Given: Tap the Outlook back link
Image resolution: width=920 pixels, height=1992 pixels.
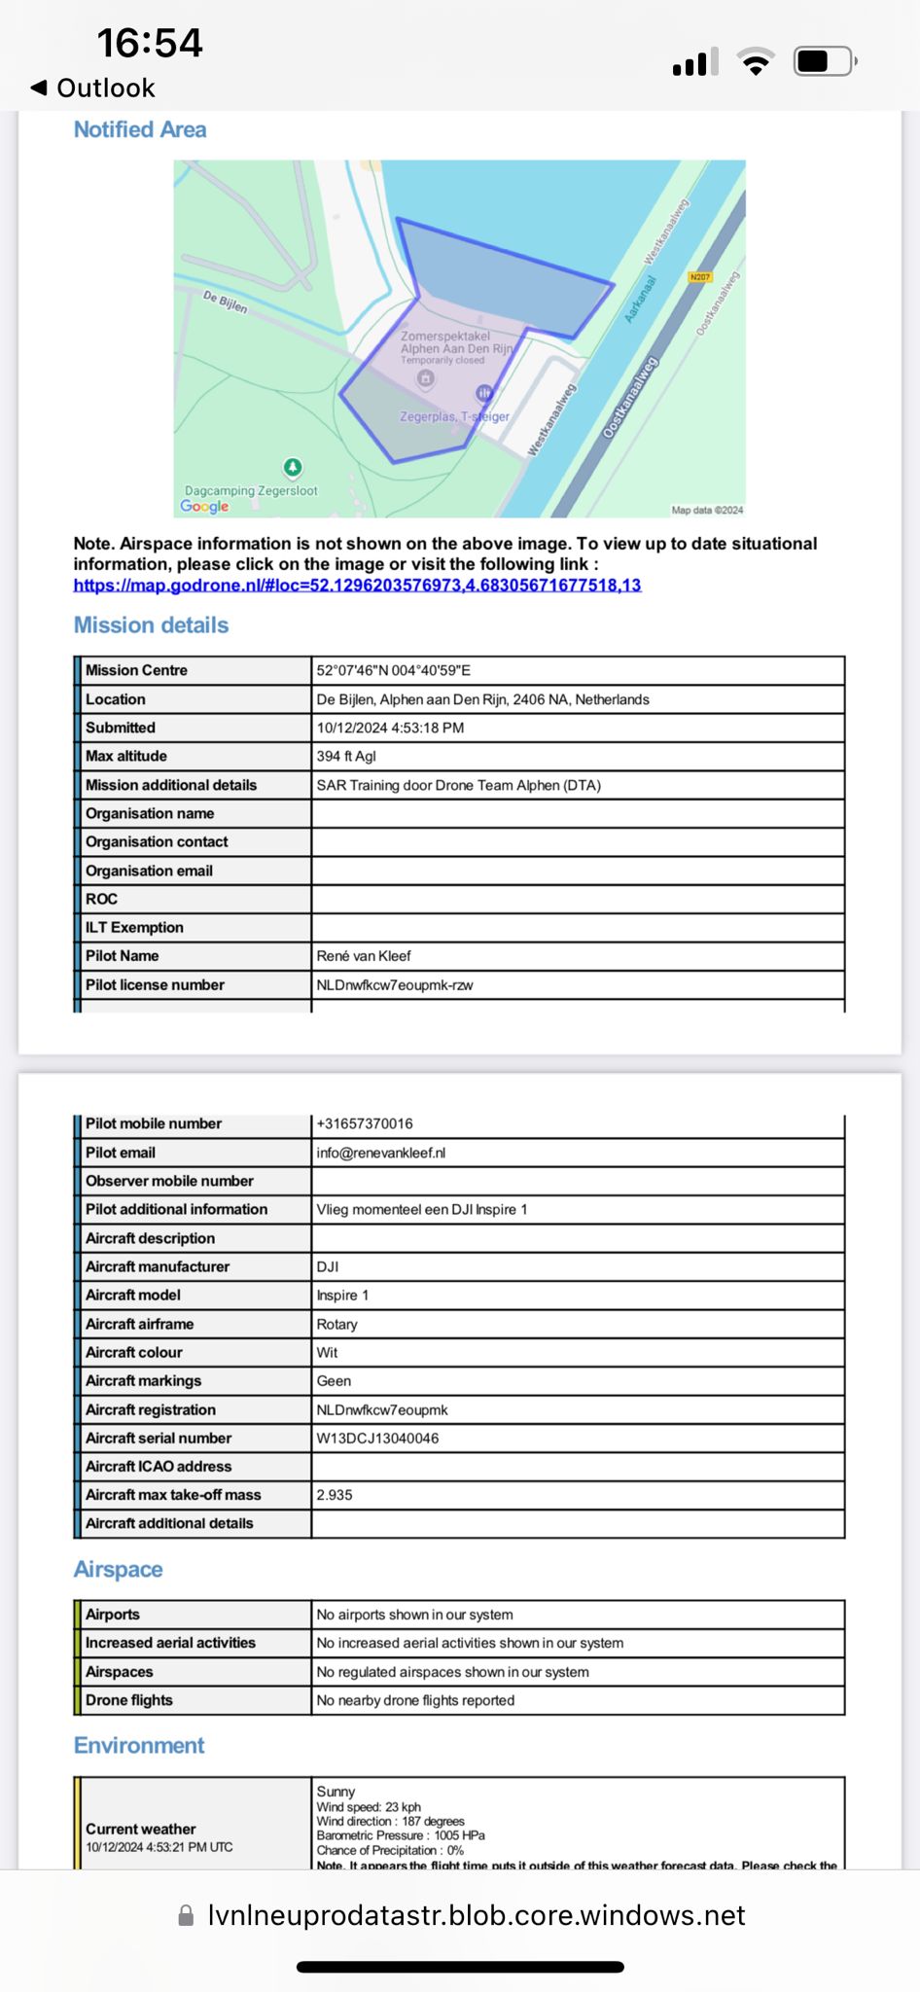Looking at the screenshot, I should point(94,89).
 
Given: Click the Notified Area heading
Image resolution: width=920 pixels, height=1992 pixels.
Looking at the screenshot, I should point(140,129).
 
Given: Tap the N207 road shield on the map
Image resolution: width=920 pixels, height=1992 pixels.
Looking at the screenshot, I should point(700,277).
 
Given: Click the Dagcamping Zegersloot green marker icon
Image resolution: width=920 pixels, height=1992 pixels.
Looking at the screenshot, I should point(293,467).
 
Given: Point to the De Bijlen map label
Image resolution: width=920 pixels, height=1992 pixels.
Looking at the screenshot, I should point(225,302).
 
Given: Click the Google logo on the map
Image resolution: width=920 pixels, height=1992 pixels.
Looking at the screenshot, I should point(205,506).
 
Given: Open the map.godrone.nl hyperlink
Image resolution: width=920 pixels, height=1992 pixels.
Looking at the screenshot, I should point(357,585).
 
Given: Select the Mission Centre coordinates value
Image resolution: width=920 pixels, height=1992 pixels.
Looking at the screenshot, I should point(393,670).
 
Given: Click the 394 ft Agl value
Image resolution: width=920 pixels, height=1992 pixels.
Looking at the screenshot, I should point(346,756).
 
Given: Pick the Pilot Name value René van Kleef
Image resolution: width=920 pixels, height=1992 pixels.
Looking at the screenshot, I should point(364,956).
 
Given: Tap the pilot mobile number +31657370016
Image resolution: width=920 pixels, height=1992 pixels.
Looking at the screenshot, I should point(365,1123).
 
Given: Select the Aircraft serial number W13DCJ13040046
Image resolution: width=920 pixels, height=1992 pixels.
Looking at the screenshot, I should point(377,1438).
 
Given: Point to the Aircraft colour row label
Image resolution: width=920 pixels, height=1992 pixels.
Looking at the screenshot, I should point(134,1352).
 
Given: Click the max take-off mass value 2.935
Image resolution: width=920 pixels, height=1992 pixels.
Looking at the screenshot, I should point(335,1495).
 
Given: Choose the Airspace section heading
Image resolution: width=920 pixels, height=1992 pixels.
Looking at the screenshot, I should point(119,1569).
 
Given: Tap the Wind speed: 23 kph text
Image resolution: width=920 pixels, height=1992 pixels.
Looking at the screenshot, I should point(369,1806).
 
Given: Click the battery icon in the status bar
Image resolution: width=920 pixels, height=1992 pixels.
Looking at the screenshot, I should point(824,62).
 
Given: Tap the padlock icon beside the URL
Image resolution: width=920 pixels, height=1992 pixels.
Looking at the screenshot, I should point(186,1915).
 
